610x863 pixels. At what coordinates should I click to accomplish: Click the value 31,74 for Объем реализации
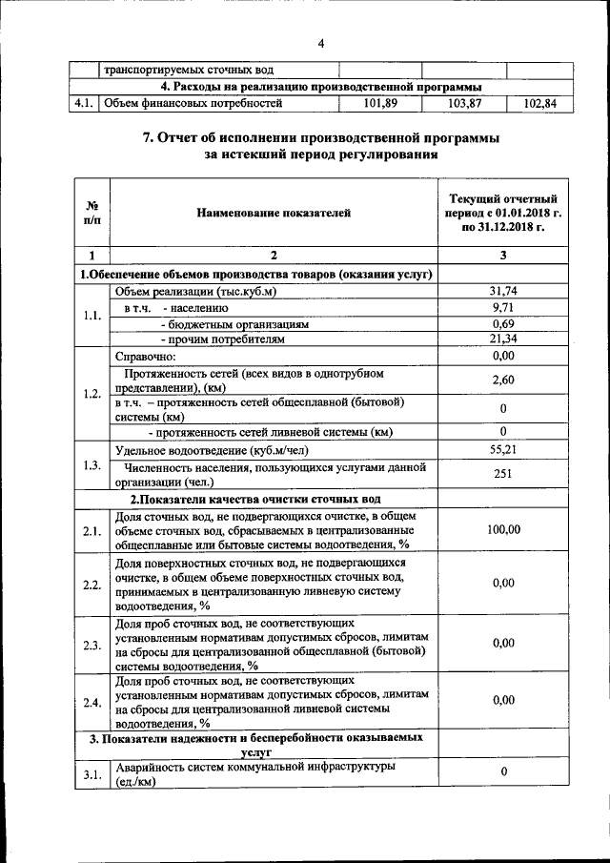click(x=502, y=291)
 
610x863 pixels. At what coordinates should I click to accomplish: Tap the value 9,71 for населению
click(x=502, y=307)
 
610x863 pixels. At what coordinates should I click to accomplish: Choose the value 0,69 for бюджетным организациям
click(x=502, y=323)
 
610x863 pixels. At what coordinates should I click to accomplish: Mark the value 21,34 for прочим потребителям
click(x=502, y=339)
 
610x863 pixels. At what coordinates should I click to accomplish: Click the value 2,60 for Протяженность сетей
click(x=502, y=380)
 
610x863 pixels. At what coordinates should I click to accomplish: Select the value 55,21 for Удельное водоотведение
click(x=502, y=448)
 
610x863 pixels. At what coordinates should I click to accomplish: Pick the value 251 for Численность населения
click(x=502, y=473)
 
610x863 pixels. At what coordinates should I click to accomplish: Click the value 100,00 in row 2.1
click(x=502, y=530)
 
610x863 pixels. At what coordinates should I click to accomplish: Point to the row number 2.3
click(x=91, y=646)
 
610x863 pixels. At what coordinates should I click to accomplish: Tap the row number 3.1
click(x=91, y=774)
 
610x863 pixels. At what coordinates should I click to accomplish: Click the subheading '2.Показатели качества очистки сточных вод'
click(x=255, y=499)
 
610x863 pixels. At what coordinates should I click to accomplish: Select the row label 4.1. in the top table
click(x=84, y=103)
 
